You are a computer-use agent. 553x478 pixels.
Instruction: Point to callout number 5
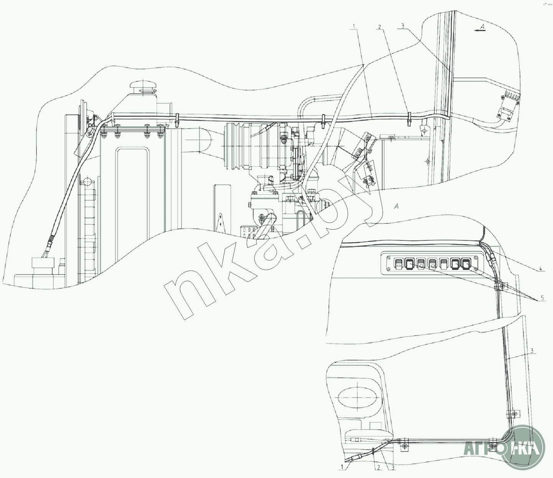[542, 298]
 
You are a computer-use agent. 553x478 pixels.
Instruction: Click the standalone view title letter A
[396, 207]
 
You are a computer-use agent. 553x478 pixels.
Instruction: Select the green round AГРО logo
[524, 447]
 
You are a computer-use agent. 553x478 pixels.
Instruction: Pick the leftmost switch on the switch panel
[398, 264]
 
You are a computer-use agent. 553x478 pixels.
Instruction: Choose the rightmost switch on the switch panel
[466, 264]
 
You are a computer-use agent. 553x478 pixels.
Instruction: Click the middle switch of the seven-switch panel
[432, 264]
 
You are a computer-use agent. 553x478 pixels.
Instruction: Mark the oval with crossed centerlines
[357, 397]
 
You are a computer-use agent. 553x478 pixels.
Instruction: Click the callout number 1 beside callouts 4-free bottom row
[342, 467]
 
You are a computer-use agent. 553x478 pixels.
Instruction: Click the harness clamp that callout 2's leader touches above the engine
[409, 118]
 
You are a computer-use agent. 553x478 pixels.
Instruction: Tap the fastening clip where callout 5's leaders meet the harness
[501, 286]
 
